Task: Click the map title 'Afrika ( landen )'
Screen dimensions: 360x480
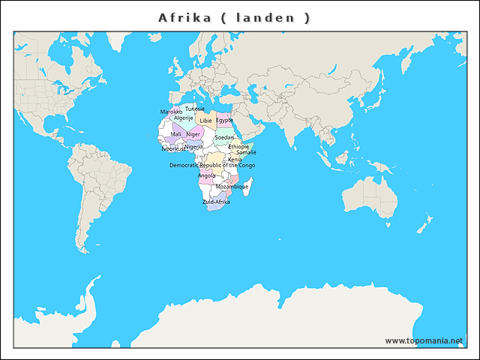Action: pos(234,17)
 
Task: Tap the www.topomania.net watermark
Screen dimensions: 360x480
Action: pos(424,340)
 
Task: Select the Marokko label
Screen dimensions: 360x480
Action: pos(171,112)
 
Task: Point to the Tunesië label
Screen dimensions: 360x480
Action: pos(195,109)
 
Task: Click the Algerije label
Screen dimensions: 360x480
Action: pos(184,118)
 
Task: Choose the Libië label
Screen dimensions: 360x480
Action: pos(205,120)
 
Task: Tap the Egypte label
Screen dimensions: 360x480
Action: pos(224,120)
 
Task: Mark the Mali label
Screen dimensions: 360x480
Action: pos(176,134)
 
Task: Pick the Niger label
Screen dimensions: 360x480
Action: pos(193,134)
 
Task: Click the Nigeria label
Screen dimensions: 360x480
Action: pos(193,146)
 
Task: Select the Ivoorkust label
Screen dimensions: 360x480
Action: pos(173,148)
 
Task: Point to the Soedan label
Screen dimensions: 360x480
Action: pos(224,137)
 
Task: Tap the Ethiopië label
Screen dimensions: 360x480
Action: pos(238,146)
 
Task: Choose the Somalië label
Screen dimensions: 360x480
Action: pos(246,152)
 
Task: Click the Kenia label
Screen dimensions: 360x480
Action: pos(235,159)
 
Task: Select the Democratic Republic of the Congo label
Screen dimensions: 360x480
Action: pos(212,165)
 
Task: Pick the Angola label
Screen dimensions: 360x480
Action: pos(206,175)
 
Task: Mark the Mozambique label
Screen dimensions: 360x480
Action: pos(232,186)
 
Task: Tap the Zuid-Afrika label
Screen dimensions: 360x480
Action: pos(216,202)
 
